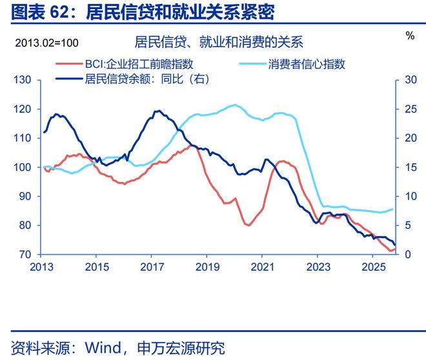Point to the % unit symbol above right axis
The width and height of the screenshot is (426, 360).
tap(410, 36)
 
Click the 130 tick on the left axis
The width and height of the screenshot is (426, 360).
tap(23, 80)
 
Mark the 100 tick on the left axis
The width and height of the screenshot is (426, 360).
tap(23, 167)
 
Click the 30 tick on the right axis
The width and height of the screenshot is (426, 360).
tap(407, 80)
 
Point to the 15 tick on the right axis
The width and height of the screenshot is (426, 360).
tap(407, 167)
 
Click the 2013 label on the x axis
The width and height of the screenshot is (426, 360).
tap(39, 267)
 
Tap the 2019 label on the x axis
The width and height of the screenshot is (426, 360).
tap(206, 267)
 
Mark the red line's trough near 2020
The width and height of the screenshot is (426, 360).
tap(248, 225)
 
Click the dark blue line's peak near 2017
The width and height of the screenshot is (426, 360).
tap(157, 111)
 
